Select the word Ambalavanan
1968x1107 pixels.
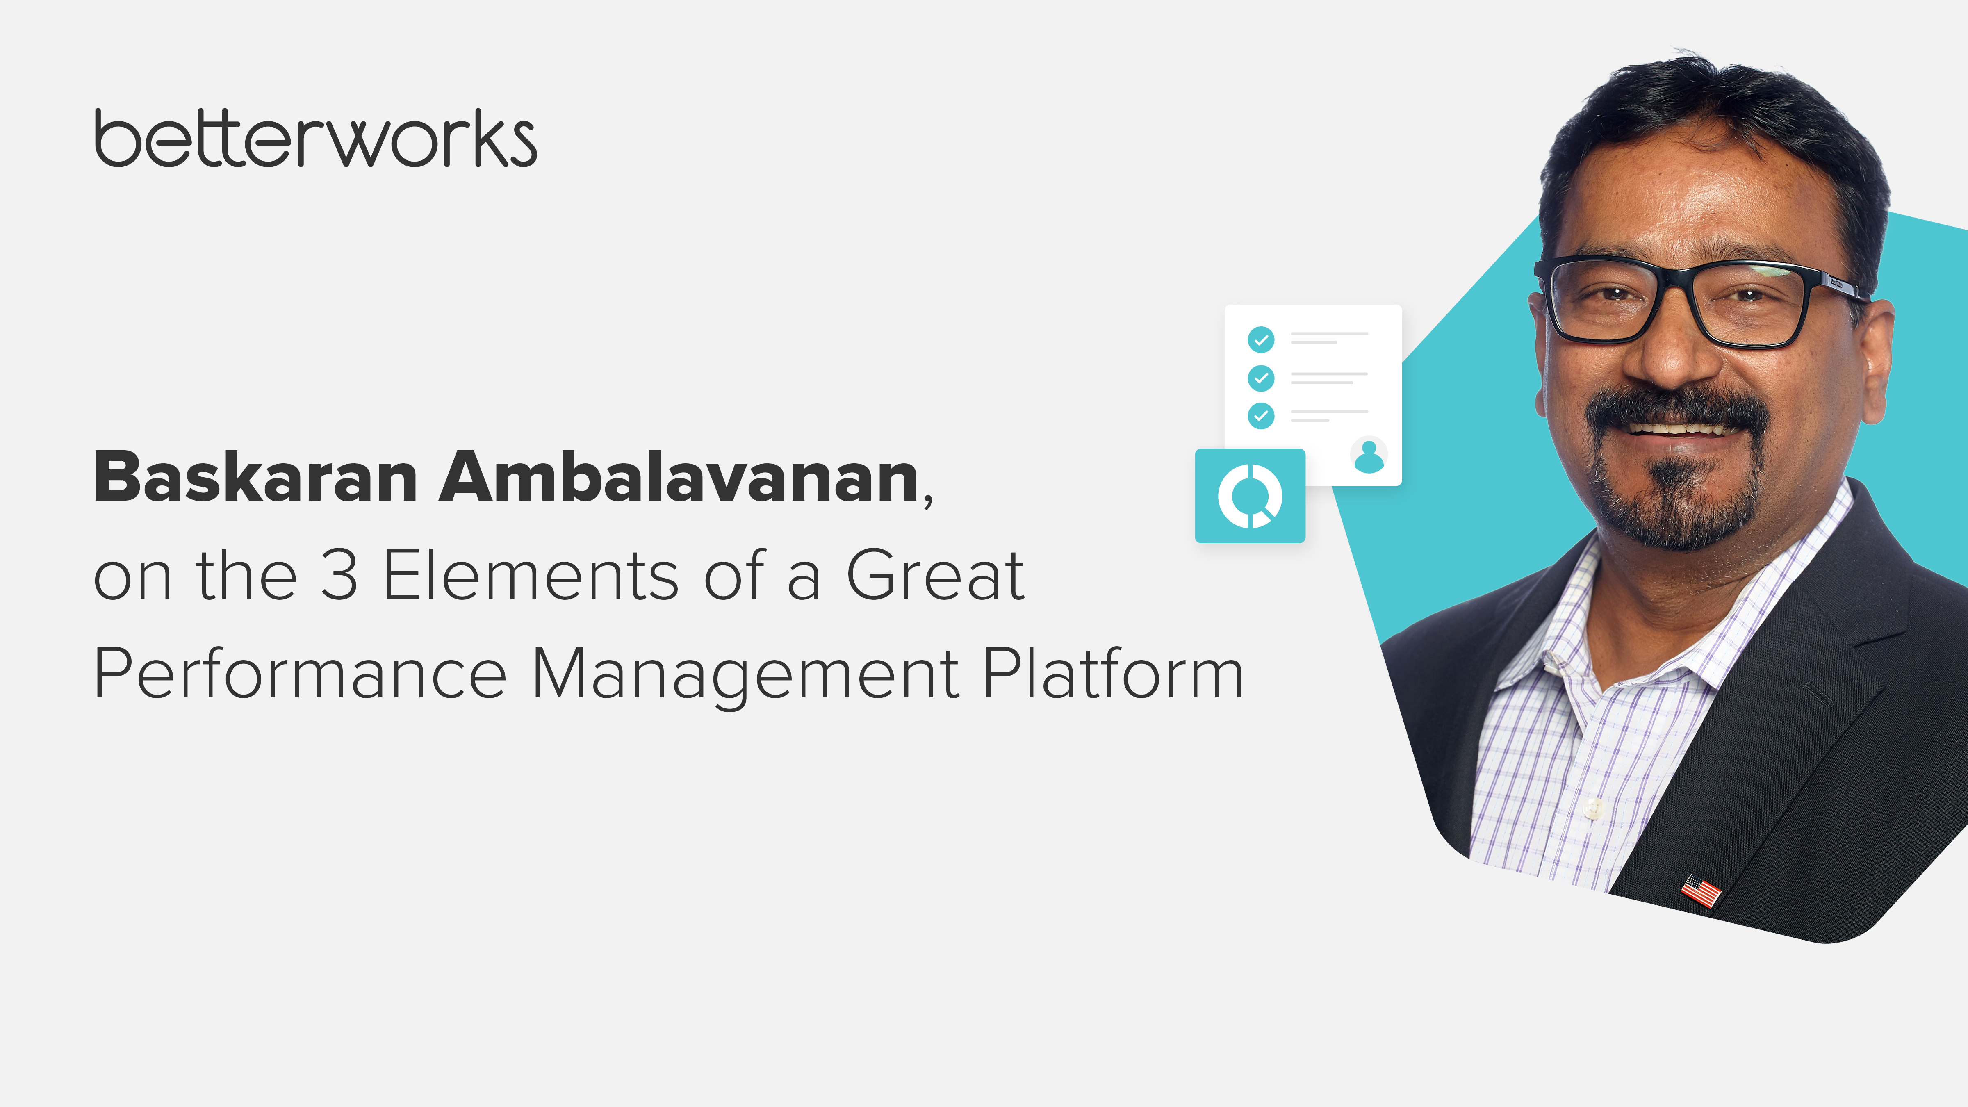(x=679, y=478)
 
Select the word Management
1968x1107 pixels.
(x=745, y=674)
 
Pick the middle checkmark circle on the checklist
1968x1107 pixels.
(x=1261, y=377)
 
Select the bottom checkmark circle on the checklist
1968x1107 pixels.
(x=1261, y=416)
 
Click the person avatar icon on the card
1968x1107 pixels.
(x=1368, y=456)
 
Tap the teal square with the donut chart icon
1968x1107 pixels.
(x=1250, y=496)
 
